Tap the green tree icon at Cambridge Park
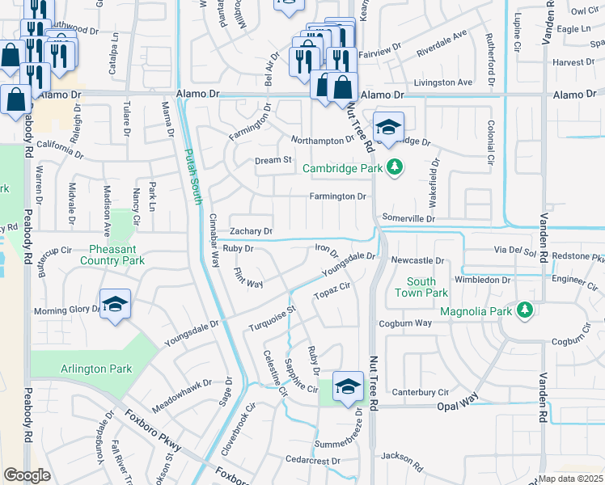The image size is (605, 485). (x=395, y=167)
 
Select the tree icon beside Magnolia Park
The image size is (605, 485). (x=526, y=310)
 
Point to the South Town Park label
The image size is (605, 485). (x=421, y=287)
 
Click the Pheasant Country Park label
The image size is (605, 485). (x=112, y=255)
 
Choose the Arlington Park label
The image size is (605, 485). (x=95, y=369)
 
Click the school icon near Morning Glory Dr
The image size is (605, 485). (x=116, y=305)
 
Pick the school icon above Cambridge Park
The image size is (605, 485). (x=388, y=128)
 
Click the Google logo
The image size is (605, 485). (x=27, y=475)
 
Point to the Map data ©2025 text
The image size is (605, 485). (x=571, y=479)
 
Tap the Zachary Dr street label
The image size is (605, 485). (x=252, y=231)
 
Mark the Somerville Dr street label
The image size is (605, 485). (x=408, y=219)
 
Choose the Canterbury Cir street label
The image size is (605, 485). (x=420, y=392)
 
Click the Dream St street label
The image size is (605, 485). (x=273, y=160)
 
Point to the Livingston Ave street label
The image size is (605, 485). (x=442, y=82)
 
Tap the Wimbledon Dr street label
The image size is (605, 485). (x=482, y=280)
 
